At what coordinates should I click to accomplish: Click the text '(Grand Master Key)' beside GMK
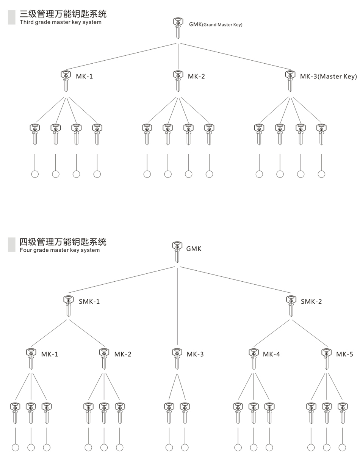tap(222, 25)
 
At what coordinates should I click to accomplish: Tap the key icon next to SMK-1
tap(68, 306)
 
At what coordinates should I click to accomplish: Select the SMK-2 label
tap(311, 301)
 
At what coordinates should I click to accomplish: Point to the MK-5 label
tap(344, 354)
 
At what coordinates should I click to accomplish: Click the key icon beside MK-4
tap(254, 359)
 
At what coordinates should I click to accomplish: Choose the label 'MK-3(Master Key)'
tap(329, 76)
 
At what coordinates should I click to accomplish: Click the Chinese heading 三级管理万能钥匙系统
tap(63, 14)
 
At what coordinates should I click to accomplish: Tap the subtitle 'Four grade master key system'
tap(59, 250)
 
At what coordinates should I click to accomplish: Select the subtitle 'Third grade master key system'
tap(60, 22)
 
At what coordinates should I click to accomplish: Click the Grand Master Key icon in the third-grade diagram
tap(178, 28)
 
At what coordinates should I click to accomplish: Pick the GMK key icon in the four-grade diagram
tap(177, 252)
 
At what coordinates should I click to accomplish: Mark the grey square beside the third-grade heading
tap(12, 17)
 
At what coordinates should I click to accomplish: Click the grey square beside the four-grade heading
tap(12, 245)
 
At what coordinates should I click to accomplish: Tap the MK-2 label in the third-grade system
tap(196, 76)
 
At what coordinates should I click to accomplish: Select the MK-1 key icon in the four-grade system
tap(31, 359)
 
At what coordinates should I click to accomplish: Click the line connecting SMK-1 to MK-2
tap(87, 333)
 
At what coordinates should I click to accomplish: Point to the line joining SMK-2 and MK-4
tap(272, 333)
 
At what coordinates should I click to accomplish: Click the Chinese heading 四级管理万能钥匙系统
tap(63, 242)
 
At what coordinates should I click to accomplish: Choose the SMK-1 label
tap(89, 301)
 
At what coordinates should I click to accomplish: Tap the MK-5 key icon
tap(327, 359)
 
